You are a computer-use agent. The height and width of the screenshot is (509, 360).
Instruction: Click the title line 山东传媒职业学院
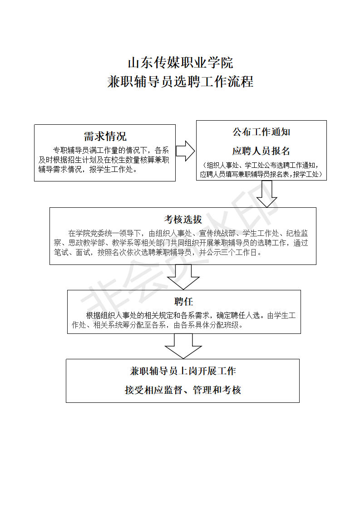pos(180,63)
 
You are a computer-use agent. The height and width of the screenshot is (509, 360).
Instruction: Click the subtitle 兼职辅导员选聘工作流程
pos(180,82)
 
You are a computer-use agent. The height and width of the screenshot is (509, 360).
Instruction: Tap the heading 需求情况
pos(105,137)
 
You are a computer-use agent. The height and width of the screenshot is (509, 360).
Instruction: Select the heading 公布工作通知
pos(261,132)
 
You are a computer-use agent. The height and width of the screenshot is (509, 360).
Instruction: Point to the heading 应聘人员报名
pos(261,151)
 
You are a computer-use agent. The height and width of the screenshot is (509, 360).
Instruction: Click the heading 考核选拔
pos(183,220)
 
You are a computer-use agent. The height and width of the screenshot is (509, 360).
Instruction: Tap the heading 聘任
pos(183,302)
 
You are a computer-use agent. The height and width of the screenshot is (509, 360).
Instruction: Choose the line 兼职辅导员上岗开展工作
pos(183,371)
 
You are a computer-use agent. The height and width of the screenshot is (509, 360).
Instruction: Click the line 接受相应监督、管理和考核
pos(183,390)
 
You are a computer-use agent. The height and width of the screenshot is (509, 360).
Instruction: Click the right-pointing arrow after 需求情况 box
pos(185,151)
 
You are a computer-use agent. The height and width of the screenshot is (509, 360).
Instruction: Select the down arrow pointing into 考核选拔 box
pos(267,194)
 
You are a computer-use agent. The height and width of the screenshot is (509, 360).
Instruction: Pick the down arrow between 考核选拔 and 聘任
pos(183,277)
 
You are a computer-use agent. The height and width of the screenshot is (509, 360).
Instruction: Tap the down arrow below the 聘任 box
pos(183,346)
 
